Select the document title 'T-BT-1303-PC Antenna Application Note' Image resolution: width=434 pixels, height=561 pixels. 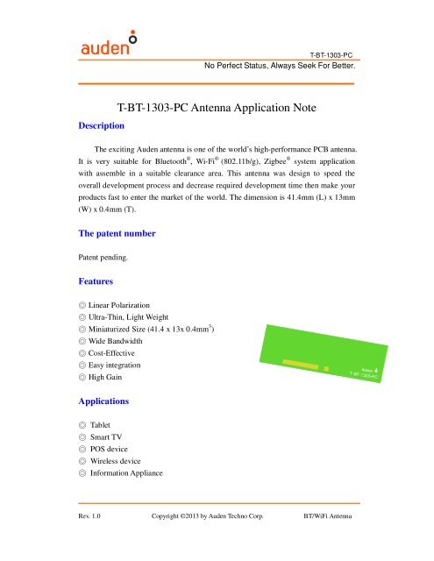tap(217, 108)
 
